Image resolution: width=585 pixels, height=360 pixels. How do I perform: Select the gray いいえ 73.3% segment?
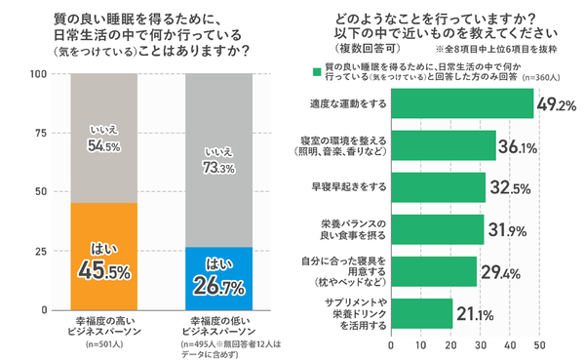[218, 160]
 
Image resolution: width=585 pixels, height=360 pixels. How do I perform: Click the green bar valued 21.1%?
[422, 313]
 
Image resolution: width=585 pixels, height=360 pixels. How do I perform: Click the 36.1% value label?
[520, 146]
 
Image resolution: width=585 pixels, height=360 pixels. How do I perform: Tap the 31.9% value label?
[508, 230]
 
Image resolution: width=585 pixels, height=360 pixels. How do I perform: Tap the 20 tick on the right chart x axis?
[451, 344]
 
